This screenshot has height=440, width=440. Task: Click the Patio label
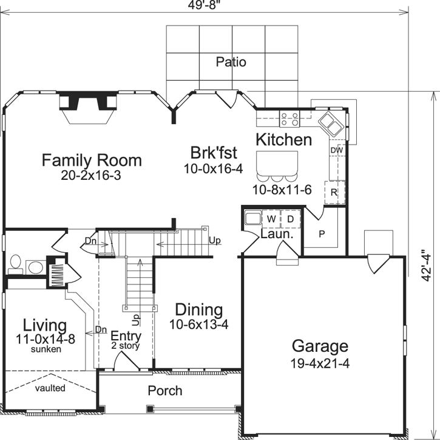pos(231,62)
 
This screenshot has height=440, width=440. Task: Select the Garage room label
pos(320,346)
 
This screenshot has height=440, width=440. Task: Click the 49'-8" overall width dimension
pos(204,5)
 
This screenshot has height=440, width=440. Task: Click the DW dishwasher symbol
pos(337,150)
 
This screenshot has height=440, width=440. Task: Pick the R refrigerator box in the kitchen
pos(334,191)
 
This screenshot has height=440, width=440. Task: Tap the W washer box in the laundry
pos(272,218)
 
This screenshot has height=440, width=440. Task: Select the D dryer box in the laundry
pos(290,218)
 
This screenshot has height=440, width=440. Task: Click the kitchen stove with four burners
pos(289,119)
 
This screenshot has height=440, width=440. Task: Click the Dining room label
pos(198,310)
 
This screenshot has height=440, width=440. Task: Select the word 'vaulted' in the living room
pos(50,388)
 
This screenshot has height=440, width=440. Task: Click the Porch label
pos(165,390)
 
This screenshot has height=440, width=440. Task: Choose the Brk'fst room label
pos(214,153)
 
